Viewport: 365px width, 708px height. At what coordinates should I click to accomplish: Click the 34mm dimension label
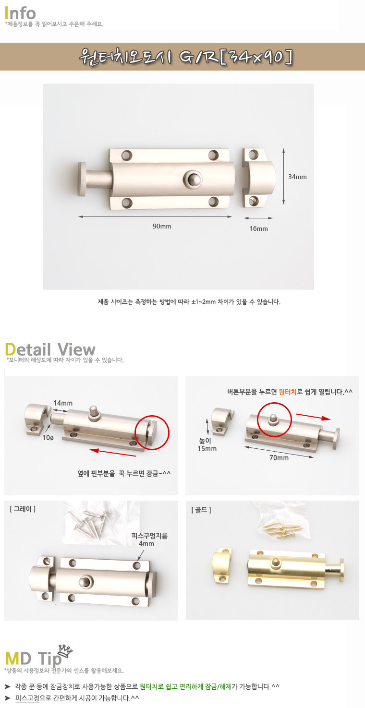click(x=297, y=177)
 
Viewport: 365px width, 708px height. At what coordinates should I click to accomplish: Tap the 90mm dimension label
click(x=162, y=226)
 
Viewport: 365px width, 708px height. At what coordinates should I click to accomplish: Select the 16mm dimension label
click(x=258, y=228)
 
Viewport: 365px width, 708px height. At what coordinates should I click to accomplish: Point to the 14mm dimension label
click(x=63, y=403)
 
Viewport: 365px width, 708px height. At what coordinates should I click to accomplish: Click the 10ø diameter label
click(x=48, y=438)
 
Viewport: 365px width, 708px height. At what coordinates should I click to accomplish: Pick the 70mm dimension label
click(x=279, y=457)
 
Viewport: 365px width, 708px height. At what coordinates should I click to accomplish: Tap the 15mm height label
click(x=207, y=448)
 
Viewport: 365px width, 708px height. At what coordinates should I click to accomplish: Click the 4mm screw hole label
click(x=146, y=544)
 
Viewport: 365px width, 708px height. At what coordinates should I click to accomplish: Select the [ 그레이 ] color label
click(x=23, y=508)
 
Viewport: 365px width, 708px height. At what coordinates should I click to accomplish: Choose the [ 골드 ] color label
click(x=201, y=509)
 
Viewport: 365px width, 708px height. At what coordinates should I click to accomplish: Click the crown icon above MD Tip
click(x=65, y=651)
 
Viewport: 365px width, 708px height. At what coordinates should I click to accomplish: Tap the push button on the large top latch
click(x=193, y=179)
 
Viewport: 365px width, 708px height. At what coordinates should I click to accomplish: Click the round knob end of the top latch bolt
click(x=82, y=179)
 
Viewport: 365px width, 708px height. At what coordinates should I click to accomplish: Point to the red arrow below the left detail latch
click(x=113, y=453)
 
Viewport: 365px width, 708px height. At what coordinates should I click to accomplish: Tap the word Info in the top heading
click(x=20, y=13)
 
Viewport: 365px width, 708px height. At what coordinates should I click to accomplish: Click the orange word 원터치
click(x=288, y=392)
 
